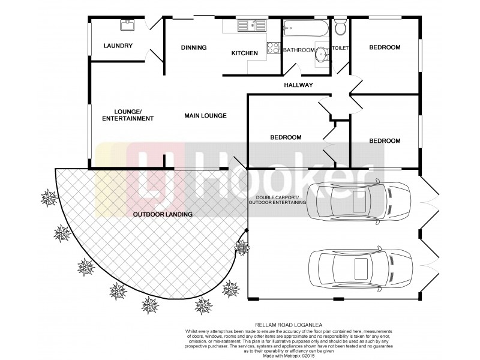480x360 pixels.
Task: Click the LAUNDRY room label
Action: pos(118,46)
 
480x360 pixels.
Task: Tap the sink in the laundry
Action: pos(127,25)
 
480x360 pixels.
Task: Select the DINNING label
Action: pos(194,47)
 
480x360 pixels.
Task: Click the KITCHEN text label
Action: pos(245,53)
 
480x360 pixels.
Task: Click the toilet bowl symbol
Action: pos(340,28)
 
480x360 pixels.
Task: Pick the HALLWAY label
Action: pos(299,85)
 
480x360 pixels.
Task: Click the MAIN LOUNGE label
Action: pos(205,115)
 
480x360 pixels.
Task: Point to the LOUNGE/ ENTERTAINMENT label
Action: pos(128,115)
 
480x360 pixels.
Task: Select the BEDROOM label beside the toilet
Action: pos(385,47)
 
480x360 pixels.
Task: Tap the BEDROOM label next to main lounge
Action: pos(286,137)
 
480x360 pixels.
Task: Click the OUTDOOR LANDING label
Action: pos(163,214)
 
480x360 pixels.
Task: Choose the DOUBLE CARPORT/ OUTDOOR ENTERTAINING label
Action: pos(277,200)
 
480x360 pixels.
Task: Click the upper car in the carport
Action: pos(358,202)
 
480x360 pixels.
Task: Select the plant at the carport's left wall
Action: pos(242,246)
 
